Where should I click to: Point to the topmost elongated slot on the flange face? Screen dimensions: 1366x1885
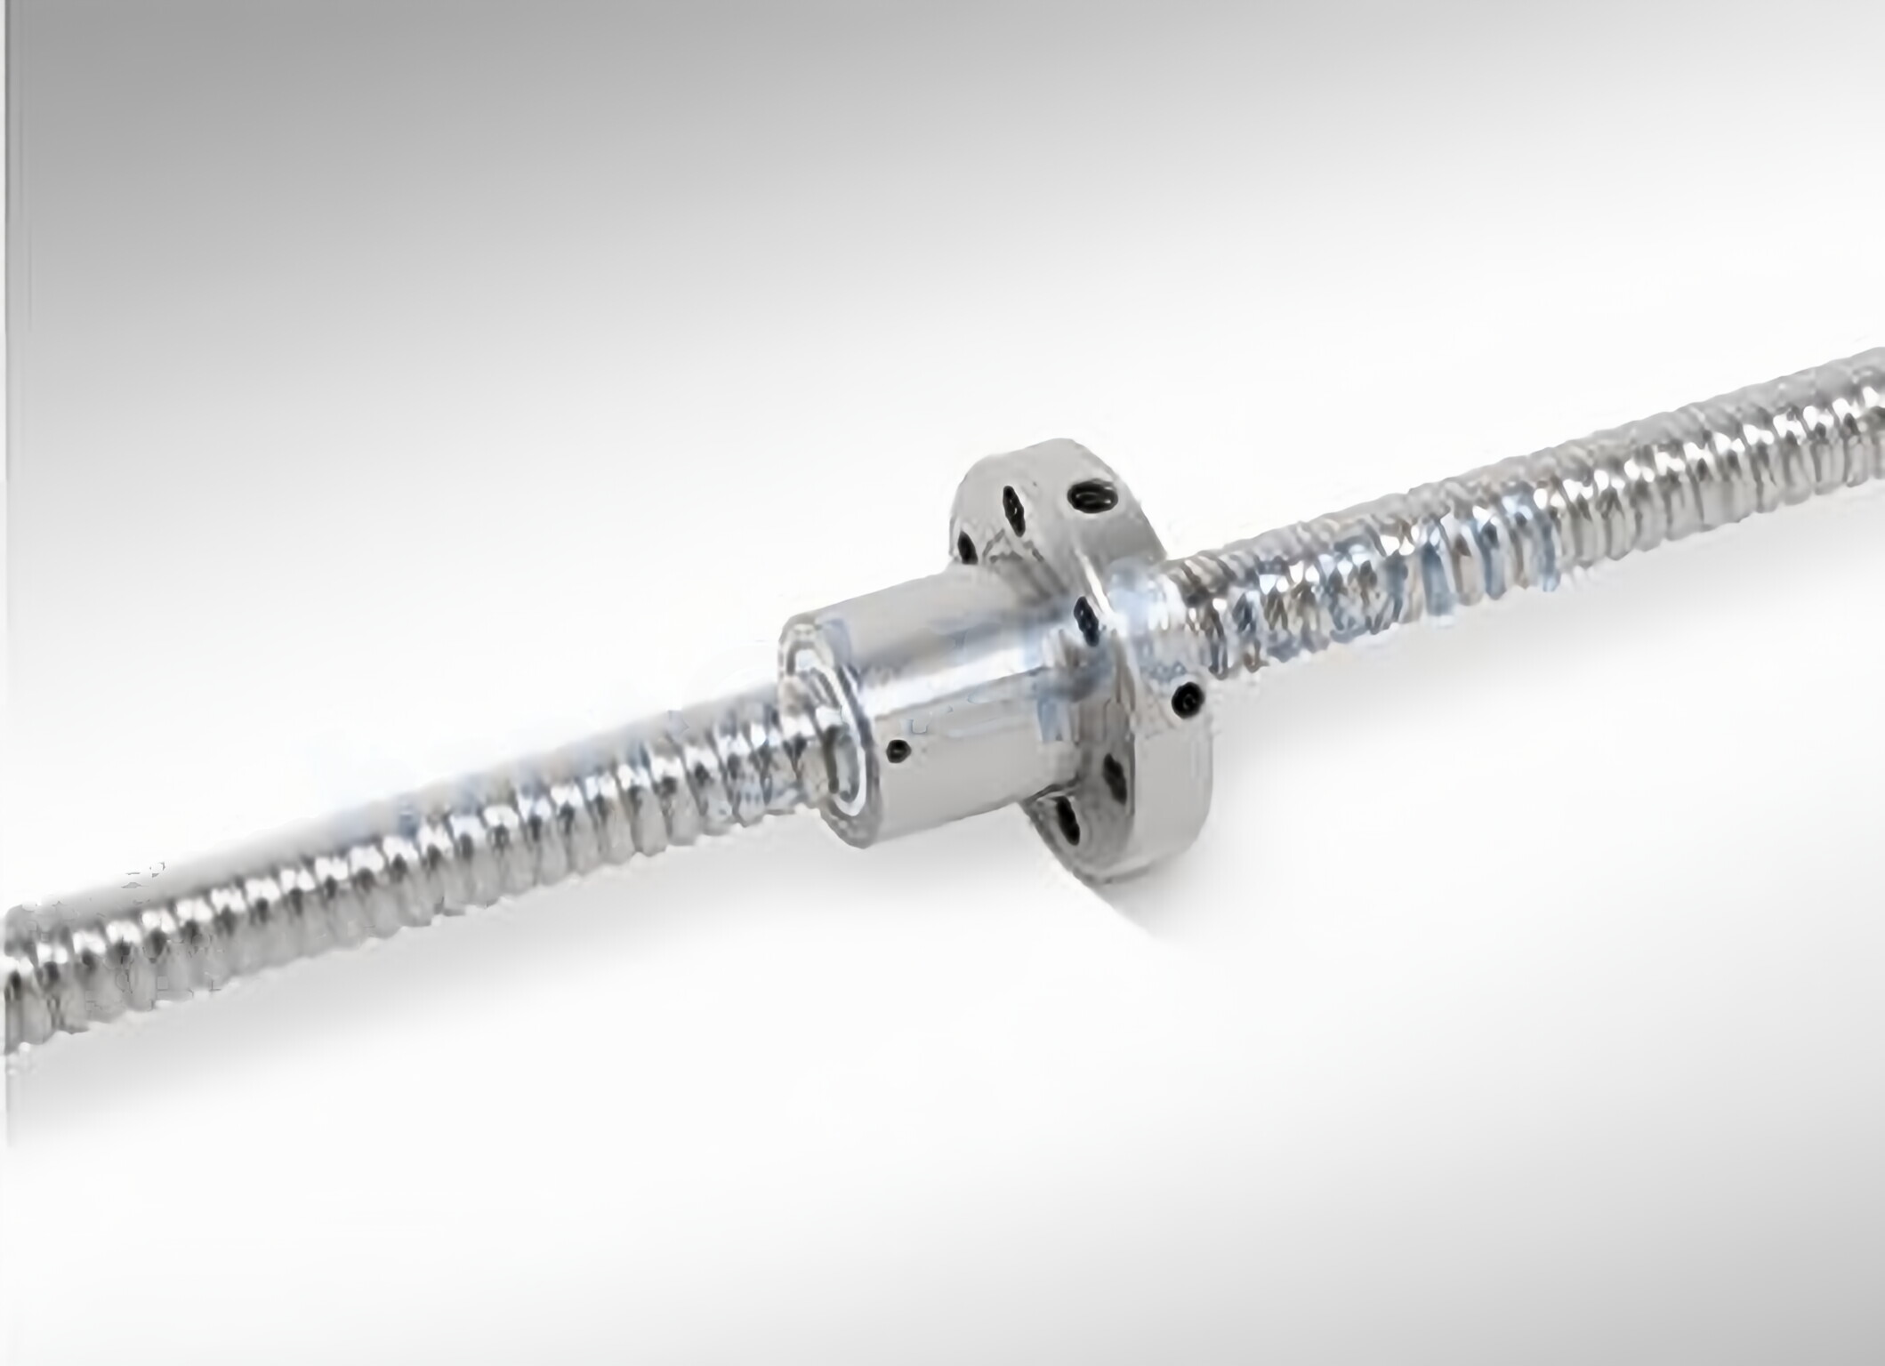(1013, 504)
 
